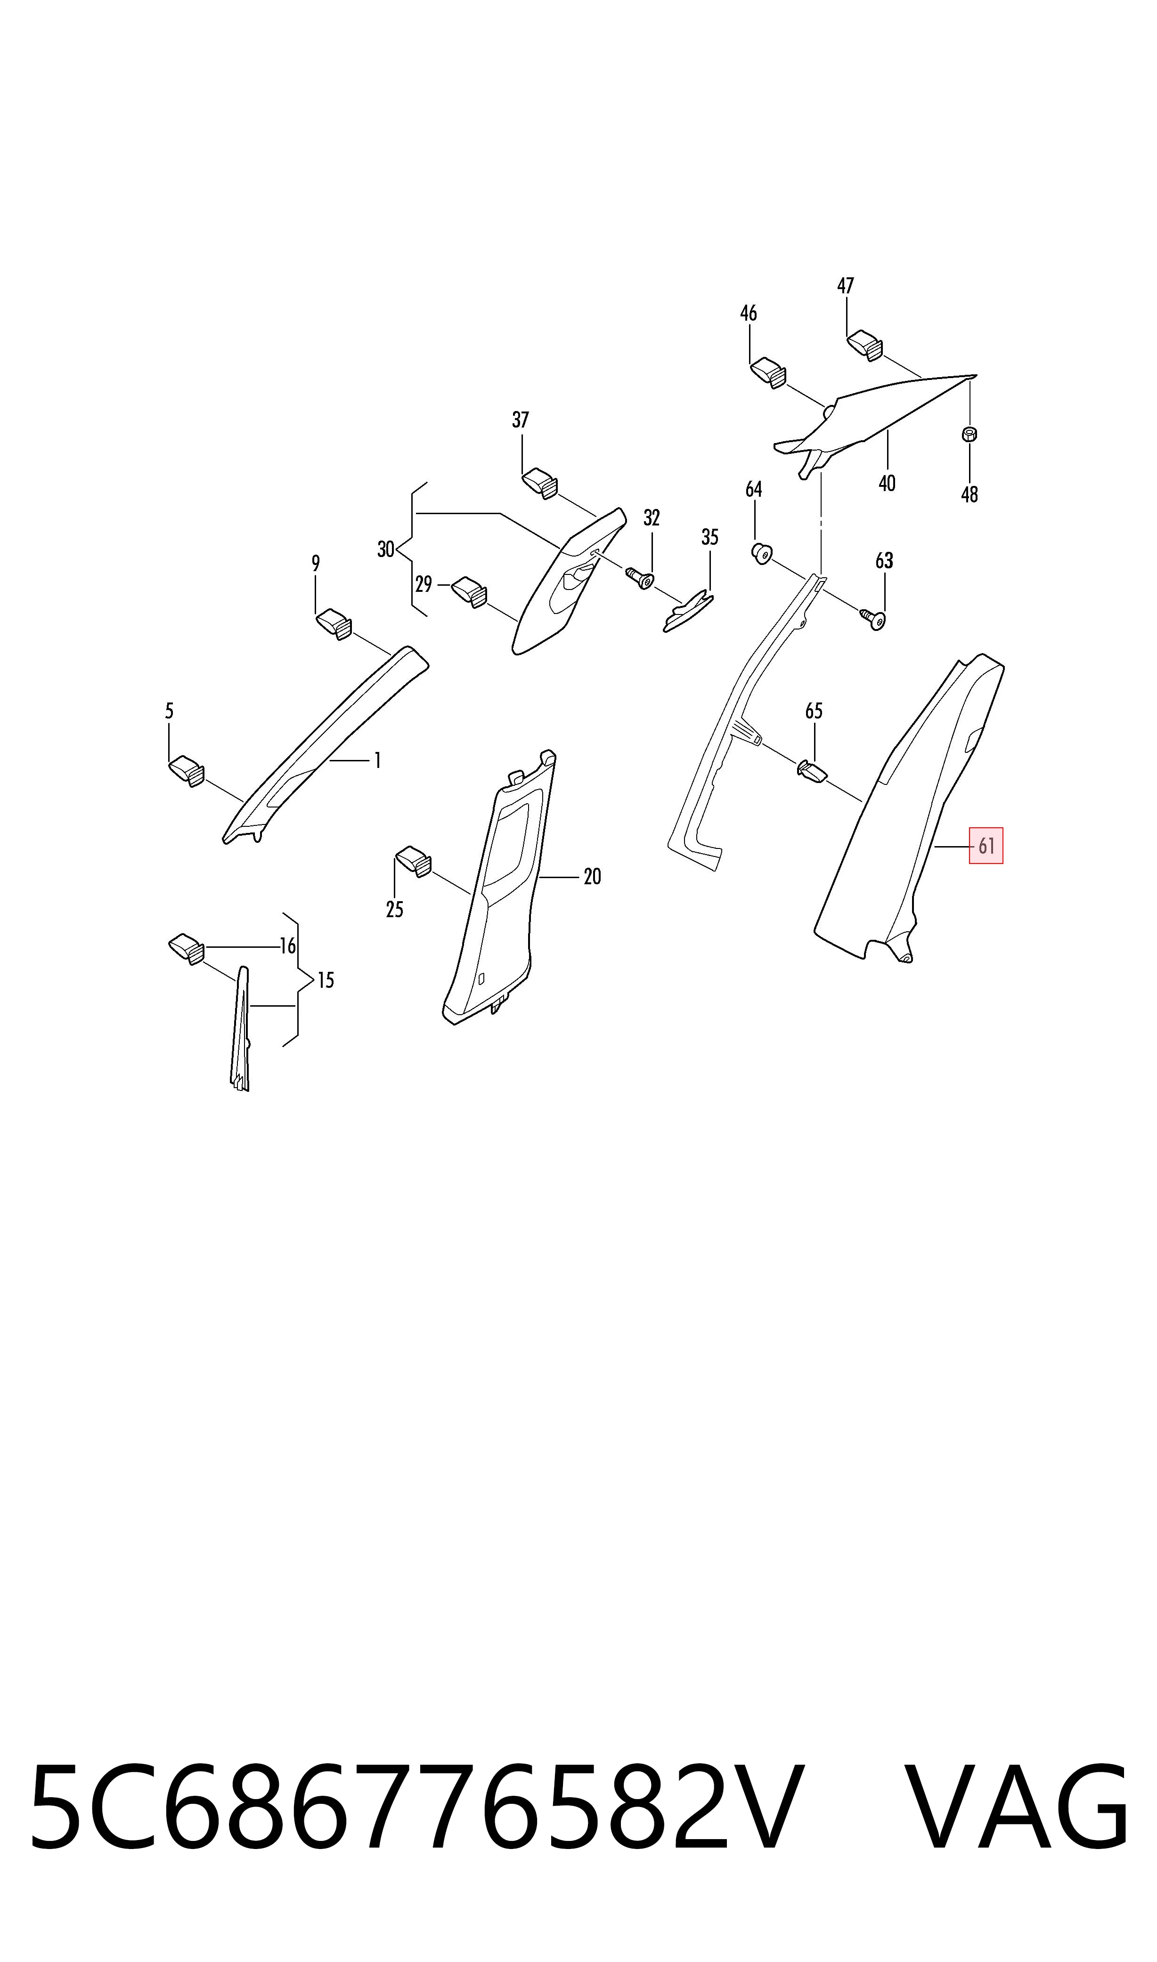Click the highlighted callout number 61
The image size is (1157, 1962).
[x=986, y=846]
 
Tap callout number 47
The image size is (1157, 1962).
[x=846, y=286]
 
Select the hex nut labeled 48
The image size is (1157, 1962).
[x=970, y=434]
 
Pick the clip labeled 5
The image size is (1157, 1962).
[x=187, y=770]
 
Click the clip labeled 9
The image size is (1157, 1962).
[x=334, y=623]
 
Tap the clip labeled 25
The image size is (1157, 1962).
[x=414, y=862]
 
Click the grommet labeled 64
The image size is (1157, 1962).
[x=761, y=554]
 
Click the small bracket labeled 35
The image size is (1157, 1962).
[x=688, y=612]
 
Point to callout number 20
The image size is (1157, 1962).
[x=593, y=877]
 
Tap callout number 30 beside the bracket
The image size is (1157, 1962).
[x=386, y=549]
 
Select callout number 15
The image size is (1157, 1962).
[x=326, y=980]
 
